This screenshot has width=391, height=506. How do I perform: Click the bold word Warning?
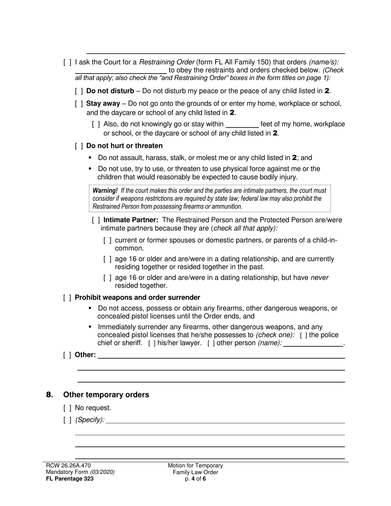pyautogui.click(x=105, y=191)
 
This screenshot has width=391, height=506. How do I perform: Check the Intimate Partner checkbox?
pyautogui.click(x=96, y=220)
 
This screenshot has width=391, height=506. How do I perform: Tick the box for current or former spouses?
pyautogui.click(x=107, y=240)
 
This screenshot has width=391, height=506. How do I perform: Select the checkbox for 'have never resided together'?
pyautogui.click(x=107, y=278)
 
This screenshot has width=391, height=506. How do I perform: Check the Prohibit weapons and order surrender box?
pyautogui.click(x=67, y=297)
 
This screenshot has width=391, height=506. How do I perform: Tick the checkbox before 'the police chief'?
pyautogui.click(x=303, y=335)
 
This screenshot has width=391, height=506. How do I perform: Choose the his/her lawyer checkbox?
pyautogui.click(x=152, y=344)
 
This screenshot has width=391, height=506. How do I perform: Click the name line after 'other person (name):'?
pyautogui.click(x=313, y=344)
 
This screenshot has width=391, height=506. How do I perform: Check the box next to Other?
pyautogui.click(x=67, y=355)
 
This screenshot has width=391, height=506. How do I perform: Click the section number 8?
pyautogui.click(x=50, y=395)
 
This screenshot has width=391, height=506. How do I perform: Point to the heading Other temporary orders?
pyautogui.click(x=106, y=395)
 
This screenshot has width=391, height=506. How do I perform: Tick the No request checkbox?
pyautogui.click(x=67, y=409)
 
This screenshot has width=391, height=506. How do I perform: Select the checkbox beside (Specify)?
pyautogui.click(x=67, y=420)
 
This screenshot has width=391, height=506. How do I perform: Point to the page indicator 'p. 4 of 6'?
pyautogui.click(x=195, y=478)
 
